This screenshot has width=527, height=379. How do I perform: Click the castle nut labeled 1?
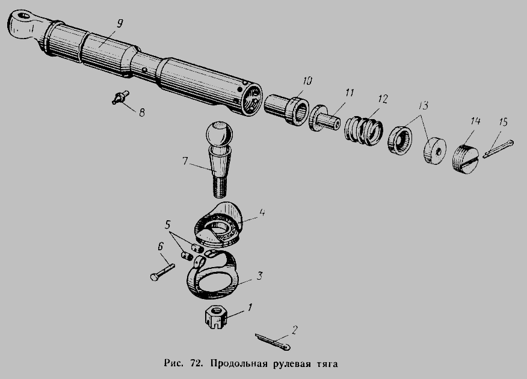click(215, 317)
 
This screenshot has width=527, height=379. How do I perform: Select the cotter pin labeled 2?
click(273, 341)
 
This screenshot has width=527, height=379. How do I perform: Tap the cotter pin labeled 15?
click(499, 149)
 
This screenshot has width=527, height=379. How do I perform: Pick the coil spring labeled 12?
click(363, 131)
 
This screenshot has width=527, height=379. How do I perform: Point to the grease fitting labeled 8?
click(120, 97)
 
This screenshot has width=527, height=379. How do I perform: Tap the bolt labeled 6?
click(162, 273)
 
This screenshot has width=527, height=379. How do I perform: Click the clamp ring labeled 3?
click(212, 275)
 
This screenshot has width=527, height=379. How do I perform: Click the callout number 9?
click(120, 23)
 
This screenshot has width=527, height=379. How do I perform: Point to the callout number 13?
click(424, 106)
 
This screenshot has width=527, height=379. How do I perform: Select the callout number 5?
click(168, 225)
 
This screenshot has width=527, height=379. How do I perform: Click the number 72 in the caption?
click(196, 363)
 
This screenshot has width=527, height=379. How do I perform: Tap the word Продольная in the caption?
click(239, 364)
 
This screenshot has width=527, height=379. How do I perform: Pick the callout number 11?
click(350, 93)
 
